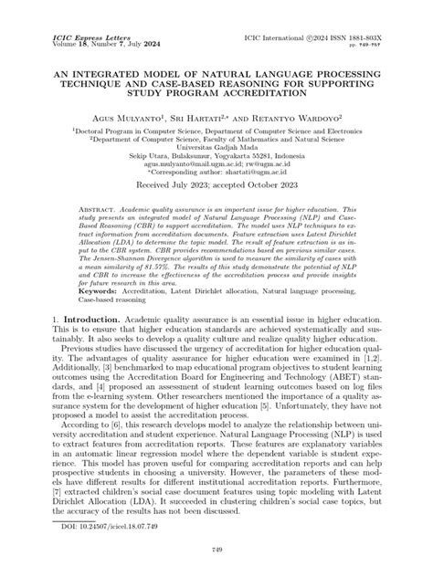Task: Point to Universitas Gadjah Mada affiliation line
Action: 216,148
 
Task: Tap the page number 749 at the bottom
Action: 216,550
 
